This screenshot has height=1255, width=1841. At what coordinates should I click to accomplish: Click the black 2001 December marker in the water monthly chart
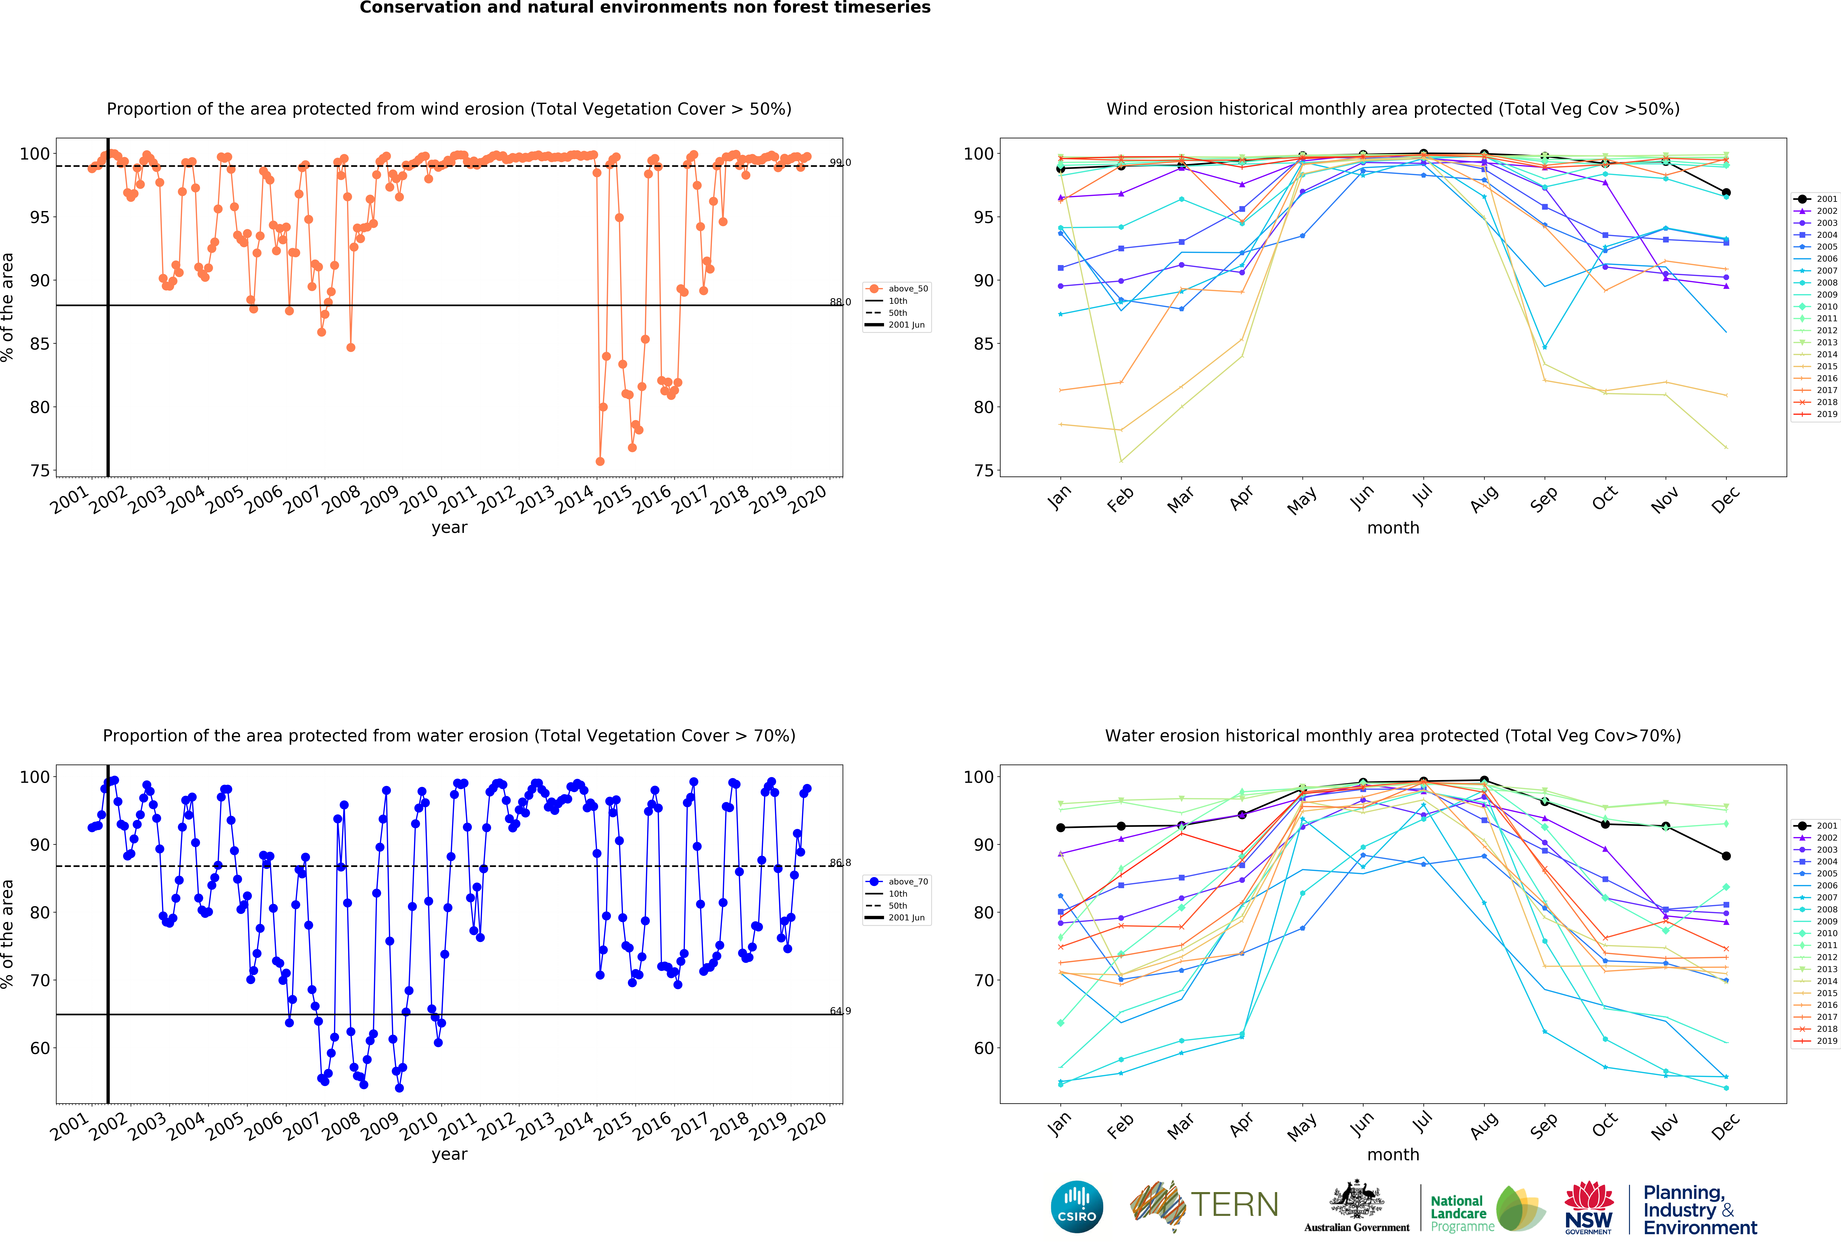pos(1726,856)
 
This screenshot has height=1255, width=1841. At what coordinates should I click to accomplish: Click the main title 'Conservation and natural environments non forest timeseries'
pos(645,8)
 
